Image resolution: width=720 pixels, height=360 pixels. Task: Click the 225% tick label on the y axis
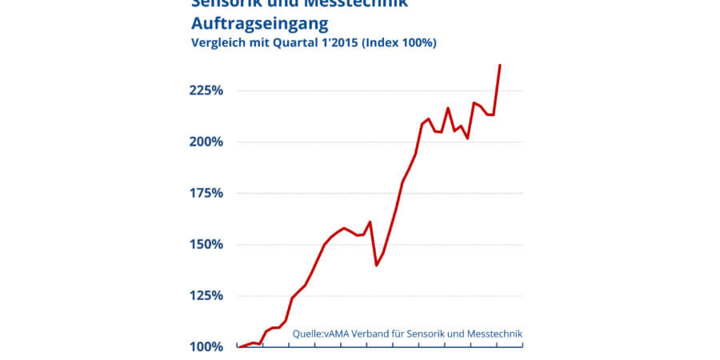point(206,90)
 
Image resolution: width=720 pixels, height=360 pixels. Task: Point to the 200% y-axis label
point(206,142)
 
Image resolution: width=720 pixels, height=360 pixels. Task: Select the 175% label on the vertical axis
point(206,193)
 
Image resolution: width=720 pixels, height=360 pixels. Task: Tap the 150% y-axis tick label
point(206,244)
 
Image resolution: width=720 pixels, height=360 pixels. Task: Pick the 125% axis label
point(206,295)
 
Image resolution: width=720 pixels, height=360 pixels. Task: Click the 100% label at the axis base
point(206,346)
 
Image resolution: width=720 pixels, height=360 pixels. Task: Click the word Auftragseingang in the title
point(260,22)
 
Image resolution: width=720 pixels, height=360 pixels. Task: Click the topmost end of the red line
point(500,65)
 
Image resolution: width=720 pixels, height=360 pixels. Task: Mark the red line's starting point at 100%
point(239,346)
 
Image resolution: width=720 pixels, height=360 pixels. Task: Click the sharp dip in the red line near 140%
point(376,265)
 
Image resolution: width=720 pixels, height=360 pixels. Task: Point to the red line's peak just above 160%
point(370,222)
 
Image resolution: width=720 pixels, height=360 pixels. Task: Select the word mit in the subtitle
point(259,43)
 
